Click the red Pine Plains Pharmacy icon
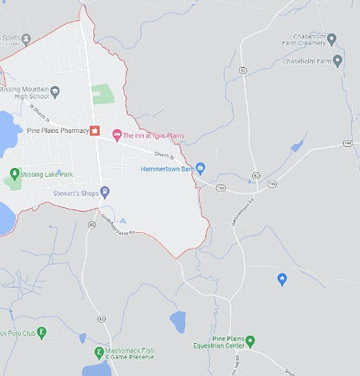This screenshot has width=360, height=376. pyautogui.click(x=95, y=131)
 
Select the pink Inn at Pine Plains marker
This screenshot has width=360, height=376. pyautogui.click(x=117, y=135)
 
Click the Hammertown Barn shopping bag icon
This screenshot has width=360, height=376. pyautogui.click(x=200, y=167)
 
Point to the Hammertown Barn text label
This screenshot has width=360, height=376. pyautogui.click(x=167, y=168)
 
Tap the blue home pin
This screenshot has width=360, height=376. pyautogui.click(x=282, y=279)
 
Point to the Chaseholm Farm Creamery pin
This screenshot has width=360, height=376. pyautogui.click(x=331, y=38)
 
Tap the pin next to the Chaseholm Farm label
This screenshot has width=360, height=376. pyautogui.click(x=337, y=59)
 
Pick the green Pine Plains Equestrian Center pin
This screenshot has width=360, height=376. pyautogui.click(x=250, y=340)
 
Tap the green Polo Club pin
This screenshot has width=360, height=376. pyautogui.click(x=42, y=333)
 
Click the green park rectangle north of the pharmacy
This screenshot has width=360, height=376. pyautogui.click(x=102, y=94)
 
